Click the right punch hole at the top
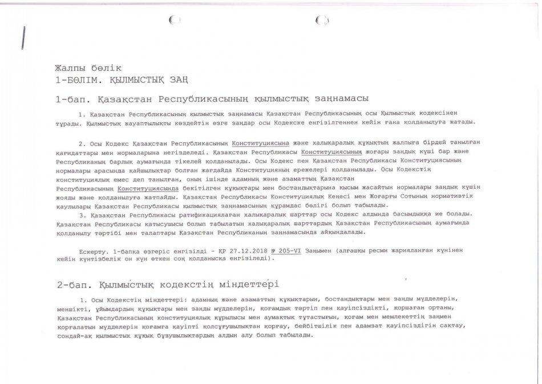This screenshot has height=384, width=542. (x=322, y=21)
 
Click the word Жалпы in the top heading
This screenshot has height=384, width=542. (x=68, y=68)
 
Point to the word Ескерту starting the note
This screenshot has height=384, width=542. (x=94, y=250)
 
